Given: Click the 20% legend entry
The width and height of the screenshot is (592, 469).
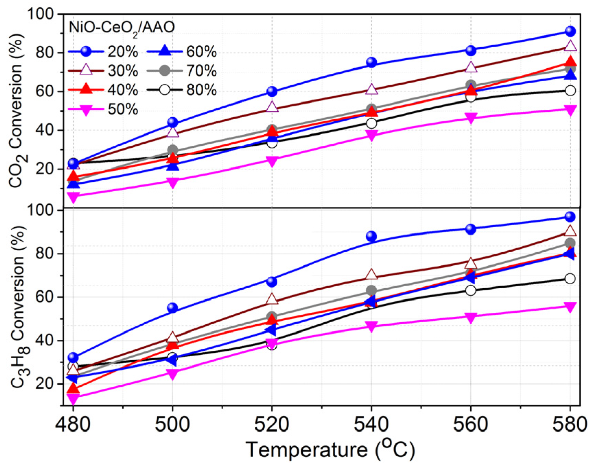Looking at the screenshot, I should pos(103,52).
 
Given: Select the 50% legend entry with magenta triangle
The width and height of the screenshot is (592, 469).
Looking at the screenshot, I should pos(103,110).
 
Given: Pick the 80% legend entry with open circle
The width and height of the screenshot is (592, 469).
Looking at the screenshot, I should pos(182,91).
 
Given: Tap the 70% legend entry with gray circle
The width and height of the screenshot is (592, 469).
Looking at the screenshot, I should pos(182,71).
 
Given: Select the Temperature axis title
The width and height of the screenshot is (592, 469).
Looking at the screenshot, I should pos(330,450).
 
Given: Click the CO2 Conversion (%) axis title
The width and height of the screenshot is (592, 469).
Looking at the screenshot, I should pos(16,110).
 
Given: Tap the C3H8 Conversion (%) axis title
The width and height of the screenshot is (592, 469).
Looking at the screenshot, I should pos(18,307).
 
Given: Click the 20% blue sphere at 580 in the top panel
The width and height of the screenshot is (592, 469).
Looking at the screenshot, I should pos(570,31).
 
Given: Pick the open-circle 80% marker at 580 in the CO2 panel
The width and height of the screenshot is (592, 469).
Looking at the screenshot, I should pos(570,91).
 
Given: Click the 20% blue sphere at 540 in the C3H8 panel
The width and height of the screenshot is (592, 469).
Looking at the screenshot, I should pos(371,236).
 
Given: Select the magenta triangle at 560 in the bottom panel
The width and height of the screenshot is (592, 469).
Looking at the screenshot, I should pos(471,317).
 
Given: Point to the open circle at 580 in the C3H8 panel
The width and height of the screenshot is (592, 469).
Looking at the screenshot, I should pos(570,278).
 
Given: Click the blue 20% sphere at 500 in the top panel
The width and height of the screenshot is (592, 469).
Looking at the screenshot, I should pos(172,122).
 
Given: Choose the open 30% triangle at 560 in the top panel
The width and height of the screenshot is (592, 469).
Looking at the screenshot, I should pos(471,67).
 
